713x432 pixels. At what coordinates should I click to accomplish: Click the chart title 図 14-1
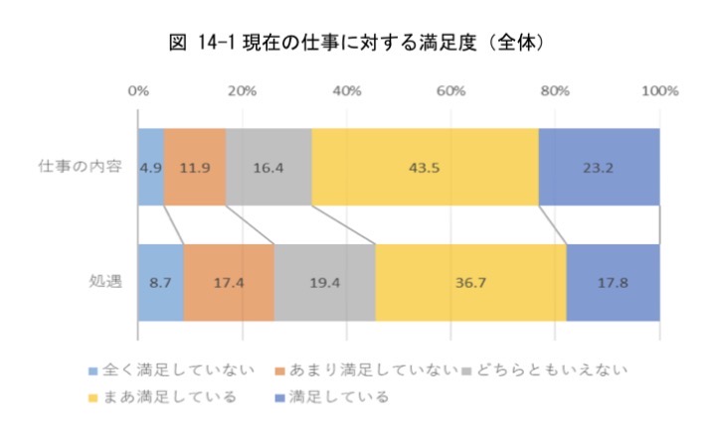[x=356, y=44]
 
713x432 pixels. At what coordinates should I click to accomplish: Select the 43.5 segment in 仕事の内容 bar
[x=425, y=167]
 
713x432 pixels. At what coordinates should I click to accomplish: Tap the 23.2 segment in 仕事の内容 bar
[x=599, y=167]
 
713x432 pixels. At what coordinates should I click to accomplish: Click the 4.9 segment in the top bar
[x=151, y=167]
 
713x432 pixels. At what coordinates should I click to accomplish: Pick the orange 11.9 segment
[x=195, y=167]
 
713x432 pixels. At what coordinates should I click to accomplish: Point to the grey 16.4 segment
[x=268, y=167]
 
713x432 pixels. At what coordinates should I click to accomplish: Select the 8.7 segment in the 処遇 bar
[x=161, y=282]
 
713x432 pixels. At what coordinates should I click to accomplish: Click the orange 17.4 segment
[x=229, y=282]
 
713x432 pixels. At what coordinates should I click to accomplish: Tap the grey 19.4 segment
[x=324, y=282]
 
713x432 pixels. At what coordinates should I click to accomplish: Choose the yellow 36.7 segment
[x=470, y=282]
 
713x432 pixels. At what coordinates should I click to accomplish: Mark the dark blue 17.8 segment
[x=613, y=282]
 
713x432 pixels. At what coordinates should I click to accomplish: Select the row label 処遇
[x=105, y=282]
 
